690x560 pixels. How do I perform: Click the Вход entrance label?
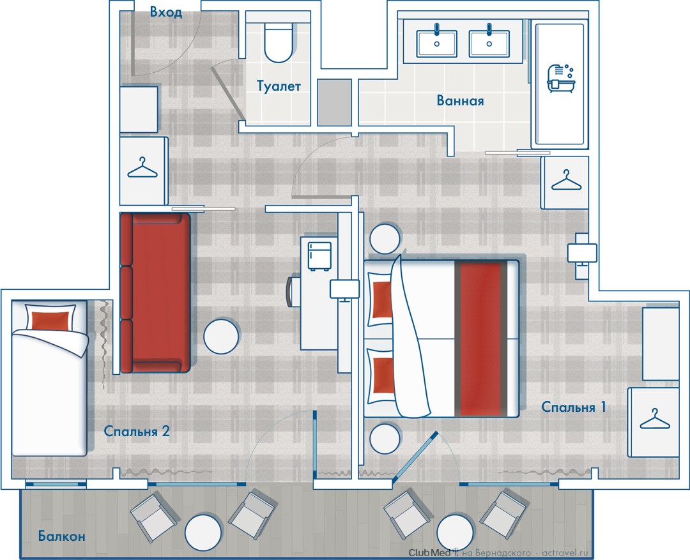pos(166,12)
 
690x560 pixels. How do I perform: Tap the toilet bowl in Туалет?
pos(279,42)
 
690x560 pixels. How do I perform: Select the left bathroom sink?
pos(436,43)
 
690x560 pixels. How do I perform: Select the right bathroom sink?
pos(489,43)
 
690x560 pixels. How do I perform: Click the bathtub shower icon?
pos(560,79)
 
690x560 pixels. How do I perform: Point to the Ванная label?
pos(460,101)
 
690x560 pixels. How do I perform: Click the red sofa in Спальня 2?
pos(155,292)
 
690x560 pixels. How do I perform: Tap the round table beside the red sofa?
pos(221,337)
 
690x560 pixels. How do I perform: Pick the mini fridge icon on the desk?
pos(319,256)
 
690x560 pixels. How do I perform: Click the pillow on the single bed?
pos(50,317)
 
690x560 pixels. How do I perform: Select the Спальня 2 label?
pos(137,430)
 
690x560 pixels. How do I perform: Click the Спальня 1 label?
pos(573,407)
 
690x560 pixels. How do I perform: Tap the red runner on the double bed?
pos(480,338)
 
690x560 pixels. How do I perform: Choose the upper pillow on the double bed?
pos(380,299)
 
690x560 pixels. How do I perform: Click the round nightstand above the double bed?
pos(385,239)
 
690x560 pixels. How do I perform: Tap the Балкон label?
pos(61,536)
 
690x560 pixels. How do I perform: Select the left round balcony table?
pos(203,532)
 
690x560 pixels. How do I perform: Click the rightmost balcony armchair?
pos(503,515)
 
